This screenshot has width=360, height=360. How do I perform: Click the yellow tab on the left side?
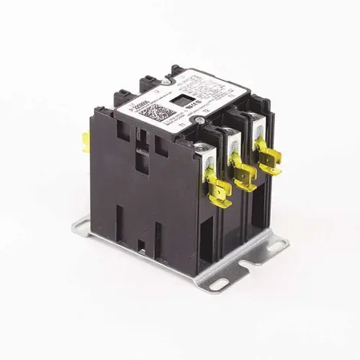(85, 143)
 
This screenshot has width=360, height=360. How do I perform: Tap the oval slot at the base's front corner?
(218, 284)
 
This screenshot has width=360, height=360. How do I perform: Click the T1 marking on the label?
(189, 130)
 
